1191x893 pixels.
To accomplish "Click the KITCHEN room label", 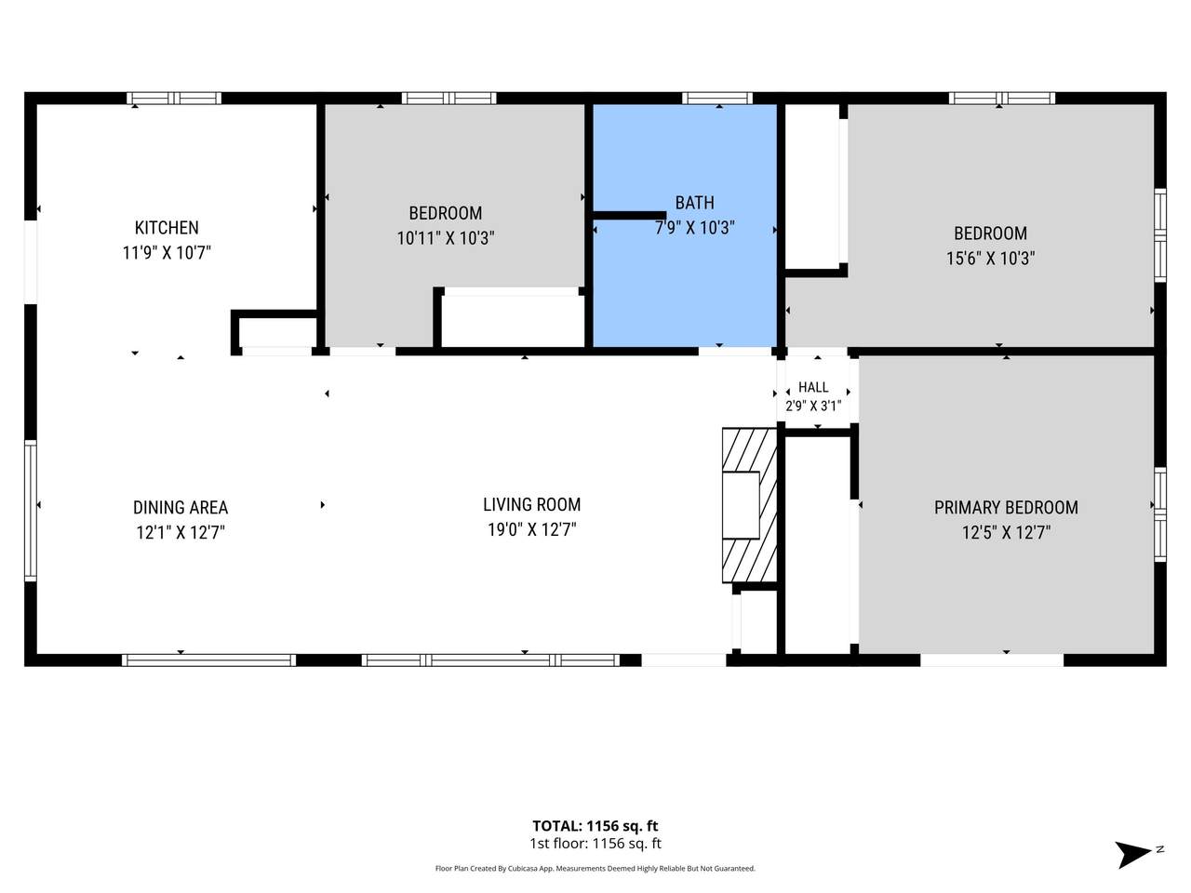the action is tap(167, 228).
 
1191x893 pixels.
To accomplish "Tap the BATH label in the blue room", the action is tap(694, 203).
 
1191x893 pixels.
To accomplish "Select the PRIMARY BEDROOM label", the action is tap(1006, 508).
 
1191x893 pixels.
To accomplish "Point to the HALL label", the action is tap(813, 387).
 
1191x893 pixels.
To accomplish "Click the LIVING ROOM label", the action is tap(531, 505).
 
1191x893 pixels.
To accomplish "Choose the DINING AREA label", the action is tap(181, 508).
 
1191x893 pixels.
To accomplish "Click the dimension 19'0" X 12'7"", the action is tap(531, 529).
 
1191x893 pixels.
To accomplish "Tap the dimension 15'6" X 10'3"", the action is tap(990, 258).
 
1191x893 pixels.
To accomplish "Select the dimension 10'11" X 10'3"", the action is tap(446, 238).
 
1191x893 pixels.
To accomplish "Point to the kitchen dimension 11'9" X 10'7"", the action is tap(167, 253).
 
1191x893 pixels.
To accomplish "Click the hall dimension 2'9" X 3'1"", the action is tap(813, 406).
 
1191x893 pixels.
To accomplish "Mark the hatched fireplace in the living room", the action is tap(750, 505).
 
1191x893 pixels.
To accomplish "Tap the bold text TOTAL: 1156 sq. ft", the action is tap(595, 826).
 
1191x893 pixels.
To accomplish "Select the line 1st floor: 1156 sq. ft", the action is tap(595, 844).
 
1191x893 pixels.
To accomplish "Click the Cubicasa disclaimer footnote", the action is tap(595, 869).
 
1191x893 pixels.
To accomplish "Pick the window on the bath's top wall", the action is tap(717, 99).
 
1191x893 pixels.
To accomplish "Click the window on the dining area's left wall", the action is tap(31, 511).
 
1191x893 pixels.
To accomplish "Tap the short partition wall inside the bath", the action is tap(629, 215).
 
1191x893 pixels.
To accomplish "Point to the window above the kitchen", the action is tap(174, 99).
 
